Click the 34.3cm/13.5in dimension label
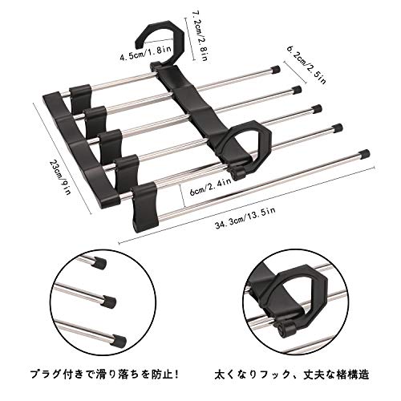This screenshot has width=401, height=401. [x=245, y=218]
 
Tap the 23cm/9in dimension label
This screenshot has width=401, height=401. [x=59, y=177]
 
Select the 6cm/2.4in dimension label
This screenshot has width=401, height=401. [x=210, y=188]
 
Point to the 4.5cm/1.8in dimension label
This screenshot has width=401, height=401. [x=142, y=55]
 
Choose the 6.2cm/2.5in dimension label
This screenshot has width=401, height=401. [x=306, y=65]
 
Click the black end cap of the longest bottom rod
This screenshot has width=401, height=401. [x=364, y=154]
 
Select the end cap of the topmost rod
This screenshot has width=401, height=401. [x=275, y=70]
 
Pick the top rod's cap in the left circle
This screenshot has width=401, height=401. [x=99, y=263]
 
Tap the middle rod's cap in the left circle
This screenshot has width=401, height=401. [x=109, y=302]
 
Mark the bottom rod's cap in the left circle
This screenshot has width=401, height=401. [x=119, y=340]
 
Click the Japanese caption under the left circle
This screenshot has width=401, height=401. [x=104, y=374]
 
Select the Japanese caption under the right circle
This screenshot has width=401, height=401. [x=292, y=374]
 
